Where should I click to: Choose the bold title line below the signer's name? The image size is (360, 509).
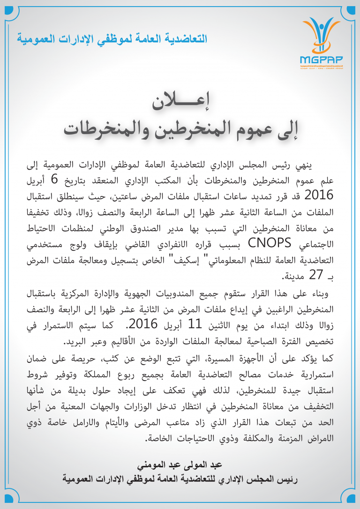pos(180,479)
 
